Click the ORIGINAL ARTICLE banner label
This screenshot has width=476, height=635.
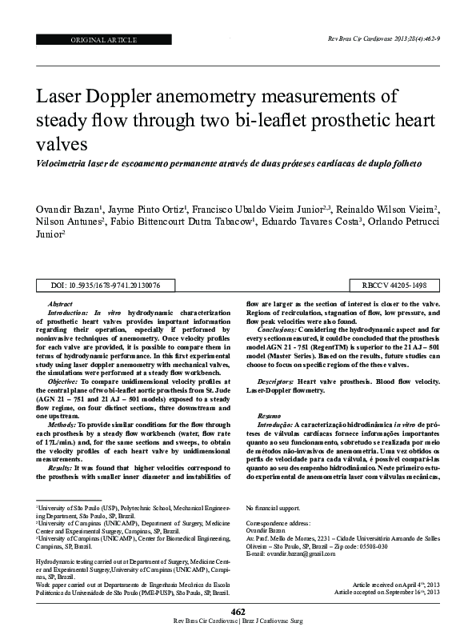tap(105, 39)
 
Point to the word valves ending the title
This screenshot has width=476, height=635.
tap(62, 144)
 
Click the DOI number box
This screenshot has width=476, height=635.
tap(105, 285)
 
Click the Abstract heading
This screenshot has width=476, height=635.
tap(60, 305)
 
